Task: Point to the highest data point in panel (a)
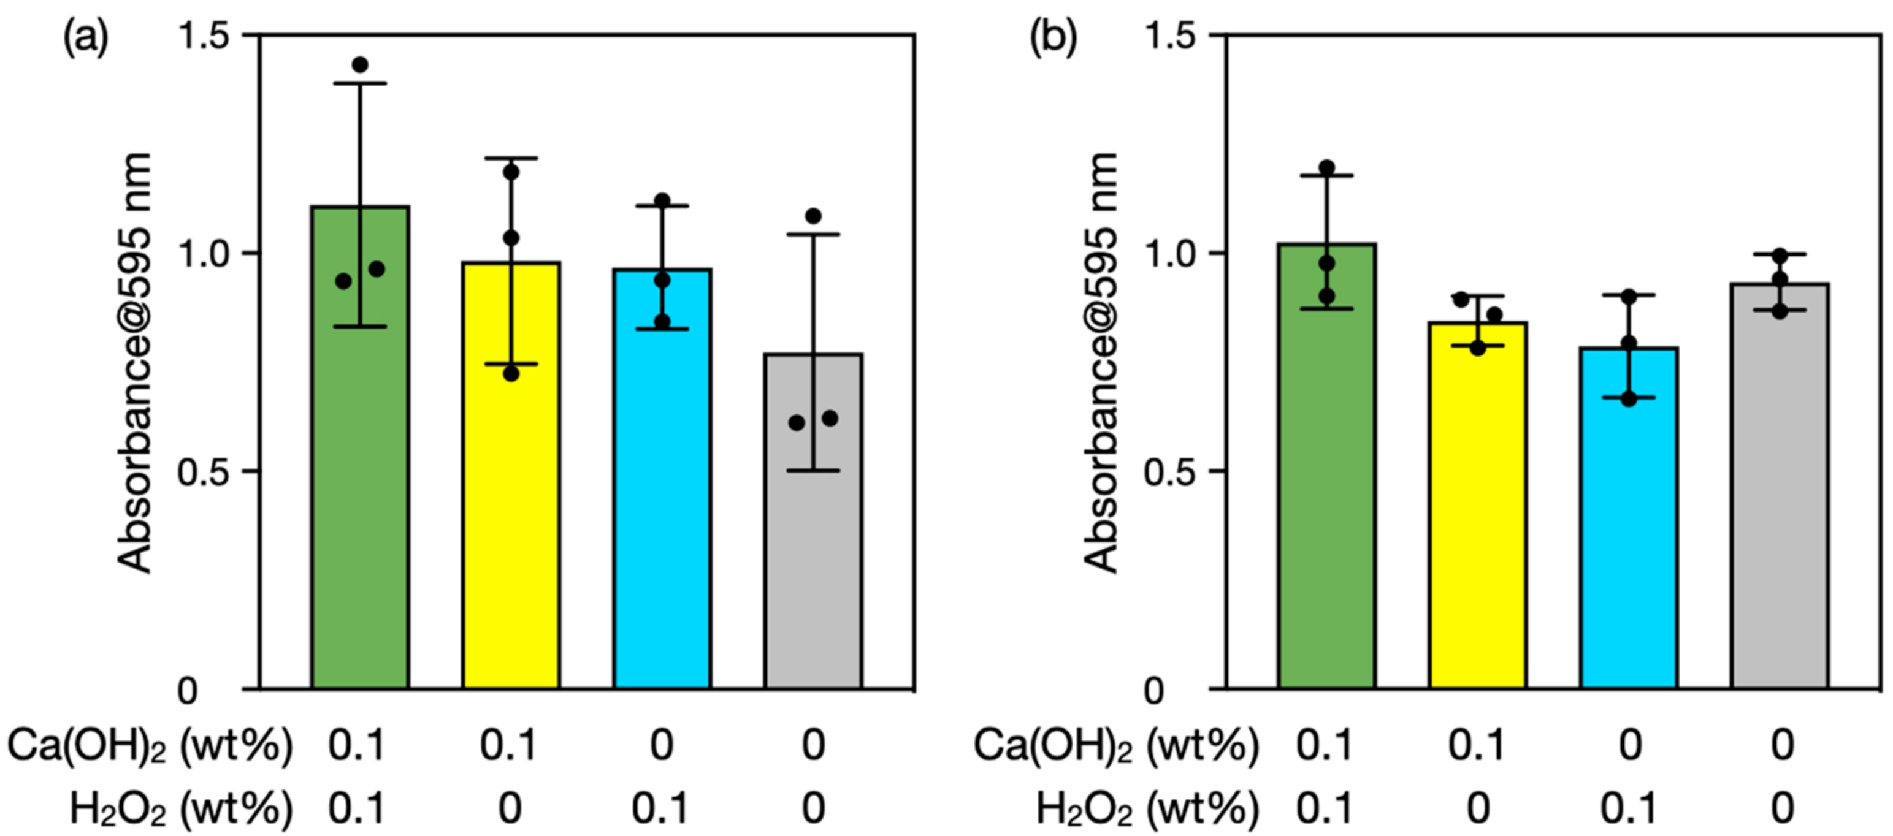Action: click(360, 64)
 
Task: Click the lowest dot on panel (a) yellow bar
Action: click(511, 374)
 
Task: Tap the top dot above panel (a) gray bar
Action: click(813, 216)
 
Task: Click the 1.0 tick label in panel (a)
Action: click(202, 254)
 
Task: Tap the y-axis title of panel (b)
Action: click(1100, 363)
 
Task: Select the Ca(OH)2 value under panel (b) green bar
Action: click(1325, 747)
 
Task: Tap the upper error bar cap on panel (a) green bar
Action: click(360, 84)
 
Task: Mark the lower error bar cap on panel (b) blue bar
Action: click(1629, 397)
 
